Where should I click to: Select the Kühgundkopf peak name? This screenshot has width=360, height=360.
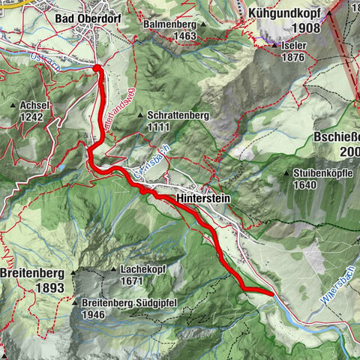[x=283, y=14]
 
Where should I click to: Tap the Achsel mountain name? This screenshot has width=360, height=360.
[x=36, y=106]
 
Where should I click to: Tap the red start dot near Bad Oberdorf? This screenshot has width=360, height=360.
[x=97, y=68]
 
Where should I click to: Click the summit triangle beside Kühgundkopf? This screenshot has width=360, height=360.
[x=328, y=13]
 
